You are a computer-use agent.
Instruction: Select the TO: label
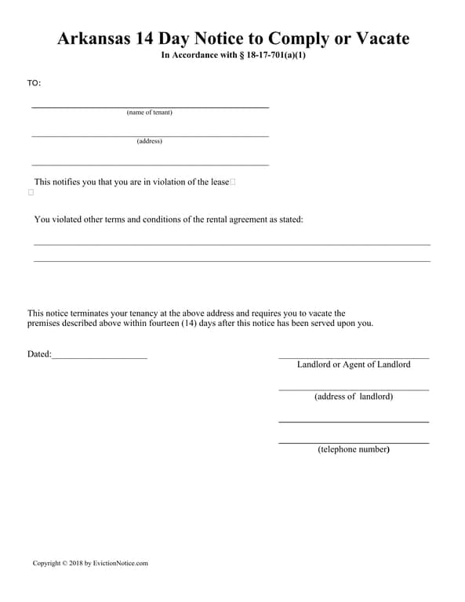coord(34,83)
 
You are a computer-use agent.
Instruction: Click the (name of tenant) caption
coord(149,112)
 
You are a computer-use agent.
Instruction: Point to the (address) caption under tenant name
coord(149,141)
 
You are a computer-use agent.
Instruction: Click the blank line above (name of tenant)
coord(149,107)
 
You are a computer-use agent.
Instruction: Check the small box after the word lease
coord(233,182)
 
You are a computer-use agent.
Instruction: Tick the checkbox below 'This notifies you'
coord(31,192)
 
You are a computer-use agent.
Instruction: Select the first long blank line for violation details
coord(232,245)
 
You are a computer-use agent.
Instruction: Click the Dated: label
coord(39,354)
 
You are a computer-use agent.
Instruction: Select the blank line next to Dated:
coord(100,357)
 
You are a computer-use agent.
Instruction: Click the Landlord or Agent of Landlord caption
coord(354,364)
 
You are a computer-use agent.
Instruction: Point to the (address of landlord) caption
coord(354,397)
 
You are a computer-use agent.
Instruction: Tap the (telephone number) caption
coord(354,449)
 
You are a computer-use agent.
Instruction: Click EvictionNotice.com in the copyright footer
coord(121,563)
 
